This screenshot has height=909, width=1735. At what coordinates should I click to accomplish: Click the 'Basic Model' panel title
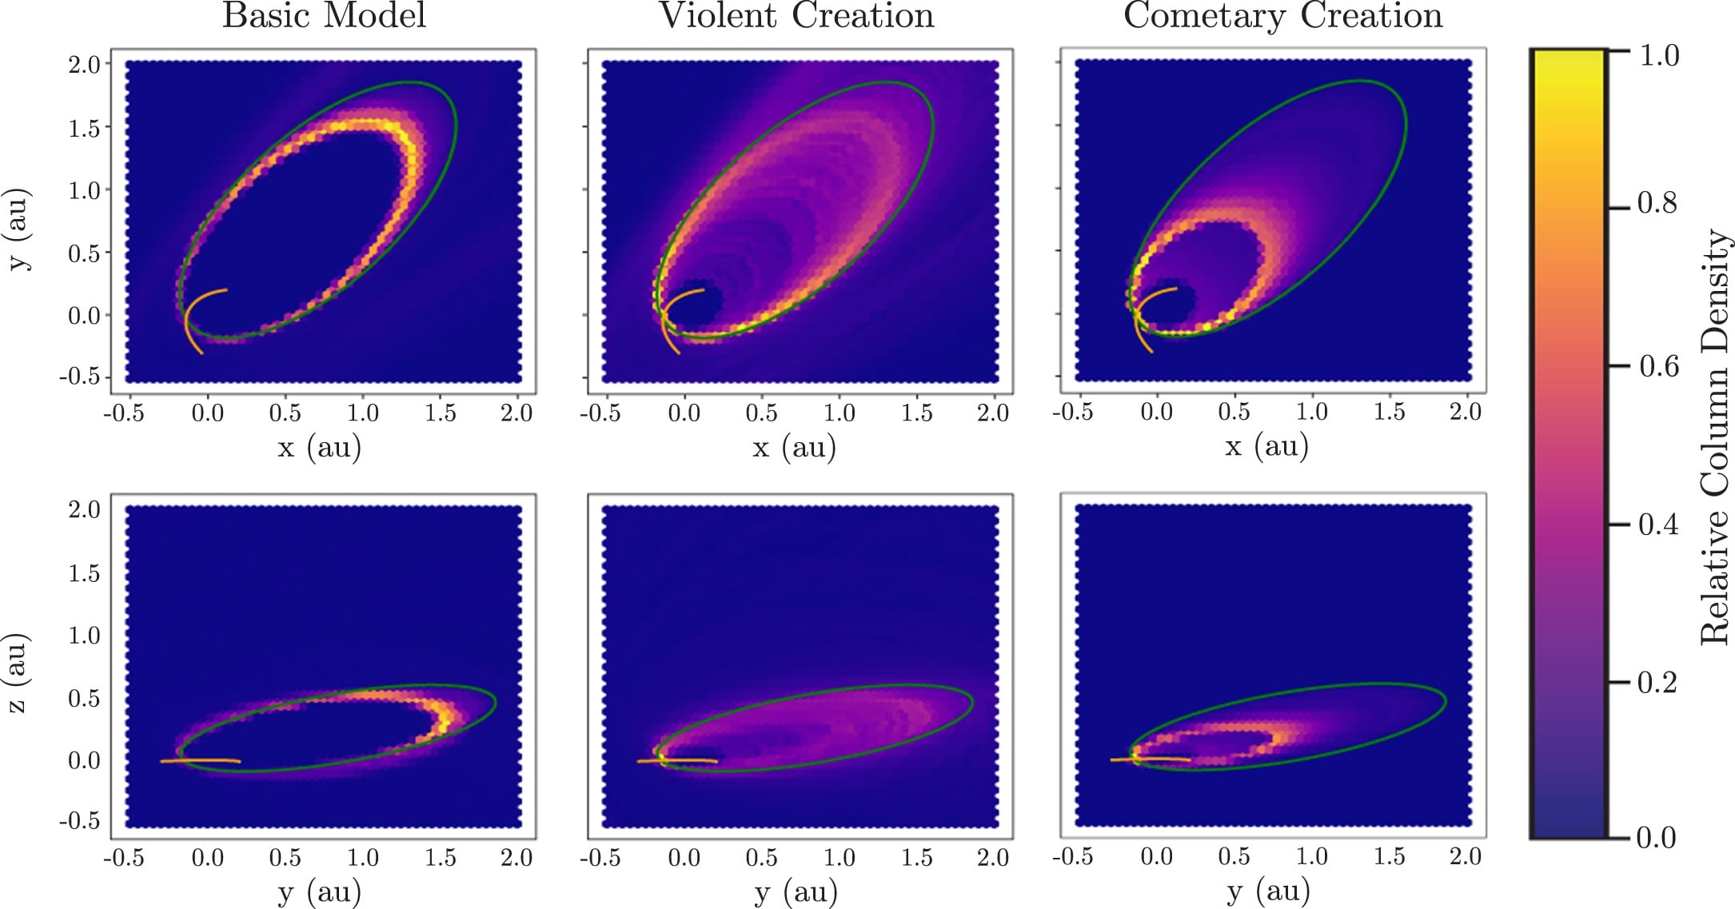pyautogui.click(x=324, y=16)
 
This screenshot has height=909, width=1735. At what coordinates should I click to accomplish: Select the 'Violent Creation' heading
pyautogui.click(x=796, y=16)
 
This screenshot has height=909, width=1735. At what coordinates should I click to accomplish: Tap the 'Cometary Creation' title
pyautogui.click(x=1282, y=16)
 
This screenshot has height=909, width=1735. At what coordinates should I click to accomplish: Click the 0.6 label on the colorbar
pyautogui.click(x=1658, y=366)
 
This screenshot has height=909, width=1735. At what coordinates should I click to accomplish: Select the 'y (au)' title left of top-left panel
pyautogui.click(x=18, y=229)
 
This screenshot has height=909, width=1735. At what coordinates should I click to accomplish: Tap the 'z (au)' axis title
pyautogui.click(x=18, y=673)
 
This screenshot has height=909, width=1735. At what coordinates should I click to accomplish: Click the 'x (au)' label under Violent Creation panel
pyautogui.click(x=795, y=447)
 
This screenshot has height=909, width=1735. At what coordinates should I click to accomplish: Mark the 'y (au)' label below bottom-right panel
pyautogui.click(x=1267, y=891)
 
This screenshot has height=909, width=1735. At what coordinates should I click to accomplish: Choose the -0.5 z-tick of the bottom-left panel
pyautogui.click(x=80, y=821)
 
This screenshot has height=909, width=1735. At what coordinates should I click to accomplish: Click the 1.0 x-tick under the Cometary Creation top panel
pyautogui.click(x=1311, y=413)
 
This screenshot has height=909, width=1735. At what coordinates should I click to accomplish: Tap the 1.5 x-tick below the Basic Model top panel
pyautogui.click(x=440, y=413)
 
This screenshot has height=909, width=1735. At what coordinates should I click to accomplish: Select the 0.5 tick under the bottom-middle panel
pyautogui.click(x=761, y=858)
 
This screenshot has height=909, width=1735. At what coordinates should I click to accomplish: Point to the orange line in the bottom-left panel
pyautogui.click(x=200, y=760)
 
